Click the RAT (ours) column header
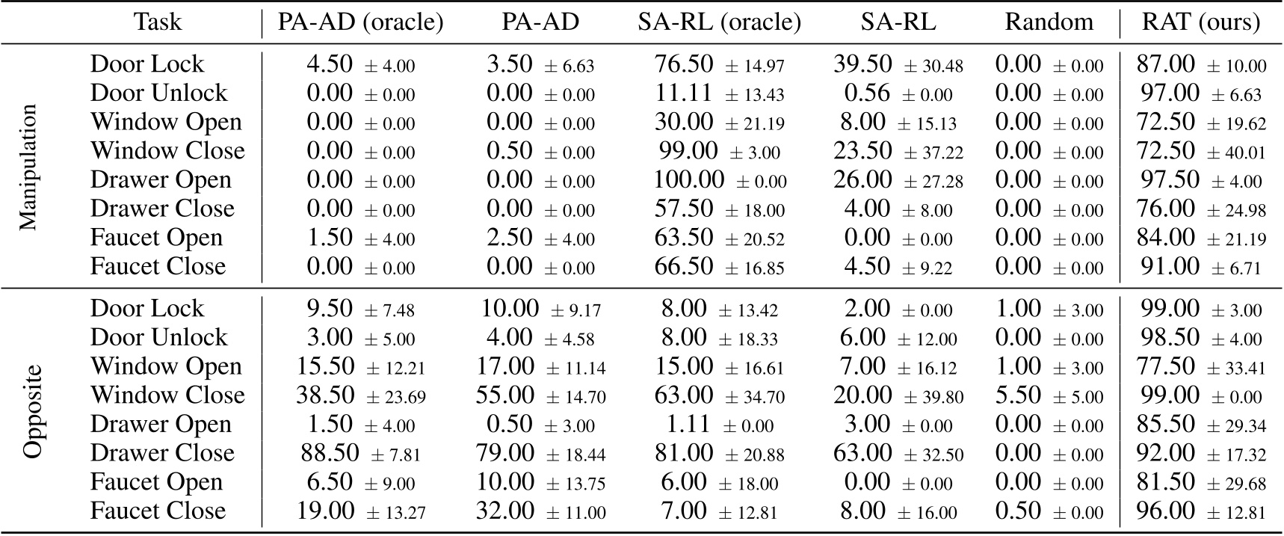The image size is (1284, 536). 1200,22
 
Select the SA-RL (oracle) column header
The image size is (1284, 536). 719,22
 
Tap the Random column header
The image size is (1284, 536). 1049,22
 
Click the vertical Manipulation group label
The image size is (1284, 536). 27,166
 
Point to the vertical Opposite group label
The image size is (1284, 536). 32,410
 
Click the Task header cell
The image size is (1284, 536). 158,22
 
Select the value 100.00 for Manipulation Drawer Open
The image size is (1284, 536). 688,180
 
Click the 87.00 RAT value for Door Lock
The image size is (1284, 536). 1165,64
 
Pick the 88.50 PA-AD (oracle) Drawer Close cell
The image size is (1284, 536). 330,453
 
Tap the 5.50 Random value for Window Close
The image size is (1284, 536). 1019,395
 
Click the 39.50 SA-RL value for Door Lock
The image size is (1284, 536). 862,64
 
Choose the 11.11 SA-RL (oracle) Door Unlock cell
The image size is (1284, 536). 684,93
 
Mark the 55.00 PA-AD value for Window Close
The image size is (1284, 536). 506,395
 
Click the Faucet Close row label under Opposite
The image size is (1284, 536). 158,511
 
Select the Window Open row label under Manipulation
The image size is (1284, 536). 166,123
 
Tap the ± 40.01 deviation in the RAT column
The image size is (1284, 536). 1235,153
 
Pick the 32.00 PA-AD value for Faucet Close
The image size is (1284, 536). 505,511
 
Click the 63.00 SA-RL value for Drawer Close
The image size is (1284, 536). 862,453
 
